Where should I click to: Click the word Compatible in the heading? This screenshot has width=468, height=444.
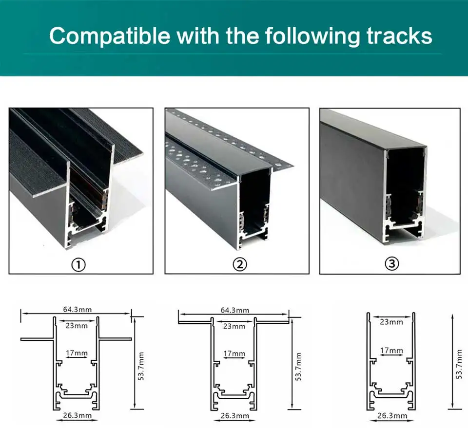click(109, 37)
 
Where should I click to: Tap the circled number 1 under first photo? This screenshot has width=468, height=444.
click(78, 264)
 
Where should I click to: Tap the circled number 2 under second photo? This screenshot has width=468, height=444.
click(239, 264)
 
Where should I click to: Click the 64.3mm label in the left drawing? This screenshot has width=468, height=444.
click(77, 310)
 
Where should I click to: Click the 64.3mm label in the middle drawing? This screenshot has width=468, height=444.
click(234, 310)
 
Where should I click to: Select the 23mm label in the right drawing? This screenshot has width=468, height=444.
click(391, 322)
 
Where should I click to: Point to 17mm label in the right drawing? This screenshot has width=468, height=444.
click(391, 351)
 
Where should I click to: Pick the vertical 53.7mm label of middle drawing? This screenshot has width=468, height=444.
click(298, 366)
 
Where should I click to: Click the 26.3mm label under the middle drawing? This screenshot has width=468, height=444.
click(235, 416)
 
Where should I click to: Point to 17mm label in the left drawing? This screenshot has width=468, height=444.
click(77, 353)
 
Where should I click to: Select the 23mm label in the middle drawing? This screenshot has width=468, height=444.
click(234, 326)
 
